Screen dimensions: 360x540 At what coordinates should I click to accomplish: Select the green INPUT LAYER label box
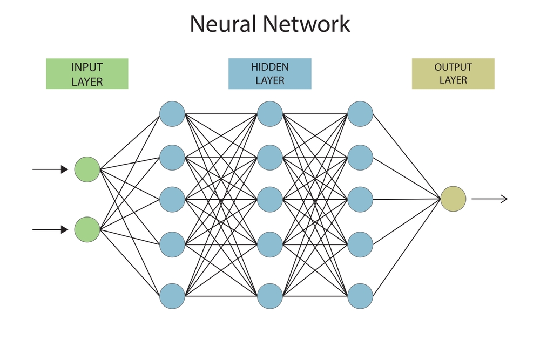87,74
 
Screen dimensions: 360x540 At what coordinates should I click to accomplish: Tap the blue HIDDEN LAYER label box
269,74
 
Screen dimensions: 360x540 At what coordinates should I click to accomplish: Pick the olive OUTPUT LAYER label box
453,74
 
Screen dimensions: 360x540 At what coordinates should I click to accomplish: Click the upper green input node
87,169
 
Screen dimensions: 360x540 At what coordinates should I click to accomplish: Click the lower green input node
87,229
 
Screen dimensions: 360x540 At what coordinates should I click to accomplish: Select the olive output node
453,199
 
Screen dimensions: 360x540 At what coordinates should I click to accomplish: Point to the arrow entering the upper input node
50,169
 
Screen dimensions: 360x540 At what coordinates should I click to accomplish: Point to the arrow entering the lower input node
50,230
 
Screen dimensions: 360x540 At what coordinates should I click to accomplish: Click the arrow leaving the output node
489,199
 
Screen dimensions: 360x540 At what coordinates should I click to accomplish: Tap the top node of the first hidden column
172,114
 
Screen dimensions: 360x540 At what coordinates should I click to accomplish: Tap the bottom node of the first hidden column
172,296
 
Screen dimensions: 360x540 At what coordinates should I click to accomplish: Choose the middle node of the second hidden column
270,199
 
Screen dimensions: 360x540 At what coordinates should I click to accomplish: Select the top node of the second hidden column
270,114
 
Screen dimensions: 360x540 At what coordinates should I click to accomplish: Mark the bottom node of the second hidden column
270,296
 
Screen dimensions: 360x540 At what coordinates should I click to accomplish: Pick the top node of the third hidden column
360,114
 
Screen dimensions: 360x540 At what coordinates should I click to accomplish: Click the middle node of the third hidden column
360,199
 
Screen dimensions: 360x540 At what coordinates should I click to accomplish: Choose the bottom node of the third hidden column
360,296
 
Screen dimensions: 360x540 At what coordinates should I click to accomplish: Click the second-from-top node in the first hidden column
172,157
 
